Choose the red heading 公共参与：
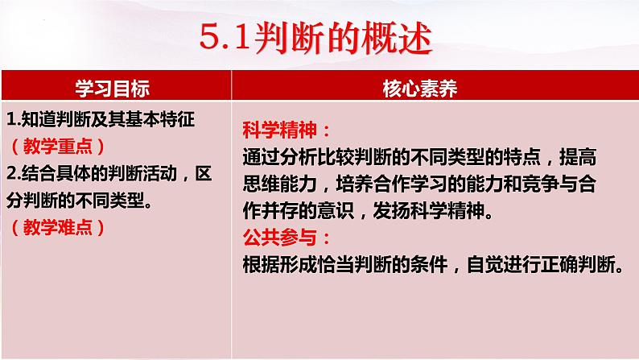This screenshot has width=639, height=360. (286, 238)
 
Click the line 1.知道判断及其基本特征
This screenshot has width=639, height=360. (101, 120)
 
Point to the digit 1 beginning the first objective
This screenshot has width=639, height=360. (10, 120)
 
